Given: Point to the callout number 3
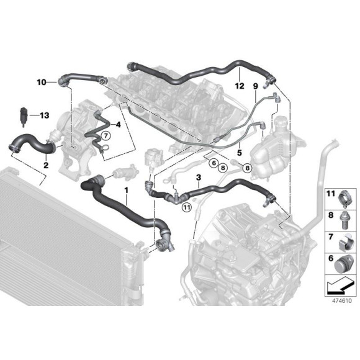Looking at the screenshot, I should point(197,178).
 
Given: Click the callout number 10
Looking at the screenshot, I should point(42,82).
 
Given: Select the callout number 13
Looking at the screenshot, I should point(44,115).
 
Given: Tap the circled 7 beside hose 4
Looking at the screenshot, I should point(105,135).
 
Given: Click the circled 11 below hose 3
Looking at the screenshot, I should point(186,208).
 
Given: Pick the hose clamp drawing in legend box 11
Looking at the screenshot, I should point(342,200).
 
